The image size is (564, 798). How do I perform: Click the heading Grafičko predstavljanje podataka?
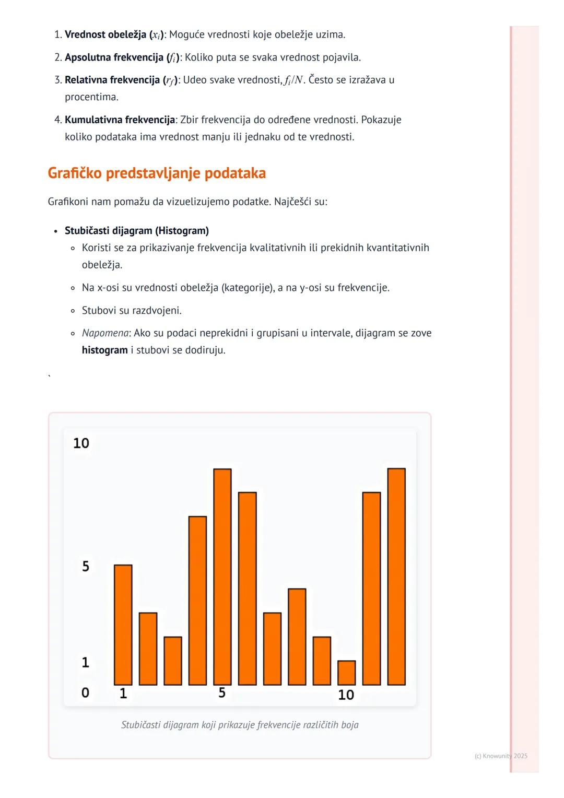[157, 173]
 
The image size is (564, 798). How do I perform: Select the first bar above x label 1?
[123, 625]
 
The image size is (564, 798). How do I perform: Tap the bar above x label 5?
[222, 577]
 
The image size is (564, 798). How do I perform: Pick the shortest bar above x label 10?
[347, 673]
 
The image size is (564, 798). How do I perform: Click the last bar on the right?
[396, 577]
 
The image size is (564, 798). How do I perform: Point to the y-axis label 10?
[81, 443]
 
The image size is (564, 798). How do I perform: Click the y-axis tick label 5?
[86, 567]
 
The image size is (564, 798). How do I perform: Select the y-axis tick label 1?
[86, 663]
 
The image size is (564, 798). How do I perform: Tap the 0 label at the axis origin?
[85, 693]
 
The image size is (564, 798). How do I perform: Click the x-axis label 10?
[346, 695]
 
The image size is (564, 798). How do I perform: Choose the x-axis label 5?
[222, 693]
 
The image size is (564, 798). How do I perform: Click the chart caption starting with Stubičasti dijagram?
[240, 725]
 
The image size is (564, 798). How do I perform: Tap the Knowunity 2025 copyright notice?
[501, 756]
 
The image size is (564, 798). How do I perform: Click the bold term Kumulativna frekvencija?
[120, 120]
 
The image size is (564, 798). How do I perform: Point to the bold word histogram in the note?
[104, 350]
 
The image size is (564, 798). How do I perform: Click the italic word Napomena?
[105, 333]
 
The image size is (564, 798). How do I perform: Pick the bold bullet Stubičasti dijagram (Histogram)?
[137, 231]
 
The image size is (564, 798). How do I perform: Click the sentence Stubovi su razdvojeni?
[132, 311]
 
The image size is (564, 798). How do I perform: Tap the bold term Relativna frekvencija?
[113, 80]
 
